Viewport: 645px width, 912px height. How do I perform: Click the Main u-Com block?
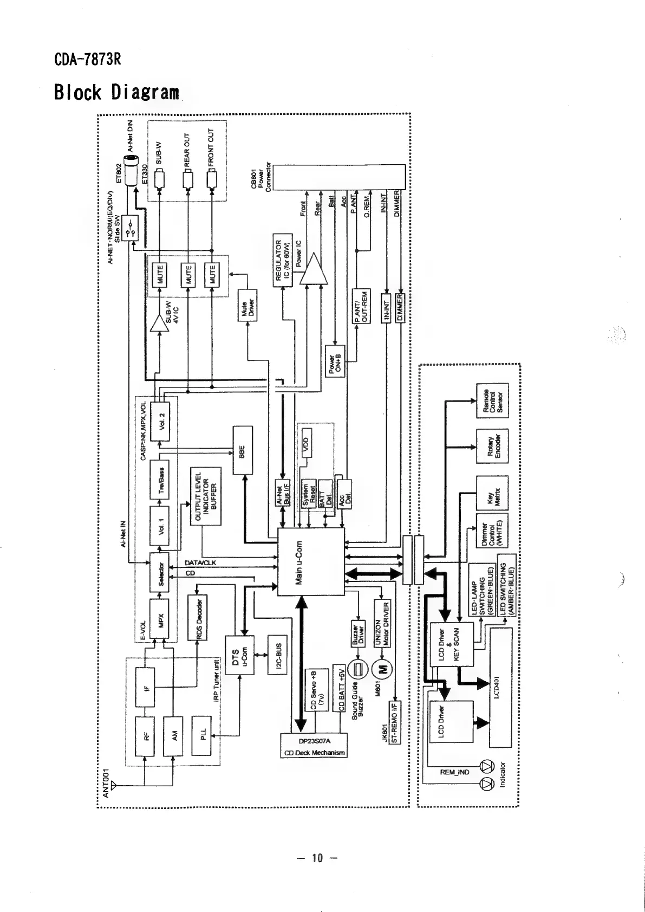[311, 561]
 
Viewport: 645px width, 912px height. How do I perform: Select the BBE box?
[242, 451]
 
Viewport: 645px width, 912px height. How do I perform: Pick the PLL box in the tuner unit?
[201, 735]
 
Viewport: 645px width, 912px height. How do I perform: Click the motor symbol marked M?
[385, 671]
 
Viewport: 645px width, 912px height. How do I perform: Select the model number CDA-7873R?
[87, 59]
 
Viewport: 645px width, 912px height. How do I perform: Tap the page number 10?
[317, 858]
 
